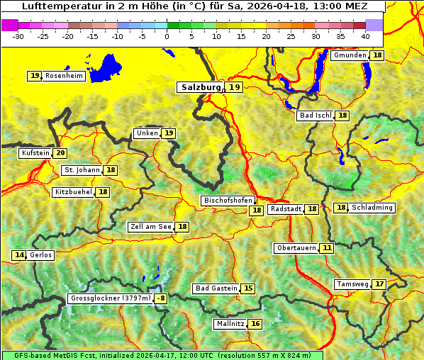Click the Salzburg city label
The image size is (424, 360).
pos(199,87)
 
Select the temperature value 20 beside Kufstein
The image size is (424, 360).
pos(60,153)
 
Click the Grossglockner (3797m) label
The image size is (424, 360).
pos(111,299)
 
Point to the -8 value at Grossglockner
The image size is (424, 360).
pos(161,299)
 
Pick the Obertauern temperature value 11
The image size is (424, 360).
pos(326,248)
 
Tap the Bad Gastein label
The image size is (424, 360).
pos(216,288)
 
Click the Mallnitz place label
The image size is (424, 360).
pos(230,324)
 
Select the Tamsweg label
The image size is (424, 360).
pos(352,284)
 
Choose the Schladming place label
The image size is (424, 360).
pos(372,208)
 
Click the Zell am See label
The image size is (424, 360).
pos(151,227)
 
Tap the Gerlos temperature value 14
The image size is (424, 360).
pos(19,255)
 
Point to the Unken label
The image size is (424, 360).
pos(147,133)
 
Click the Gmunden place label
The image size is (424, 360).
pos(350,55)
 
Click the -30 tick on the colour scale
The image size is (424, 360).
pos(18,35)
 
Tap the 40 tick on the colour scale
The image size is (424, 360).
pos(365,35)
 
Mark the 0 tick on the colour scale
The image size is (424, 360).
pos(167,35)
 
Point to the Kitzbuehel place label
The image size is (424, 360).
pos(73,192)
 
